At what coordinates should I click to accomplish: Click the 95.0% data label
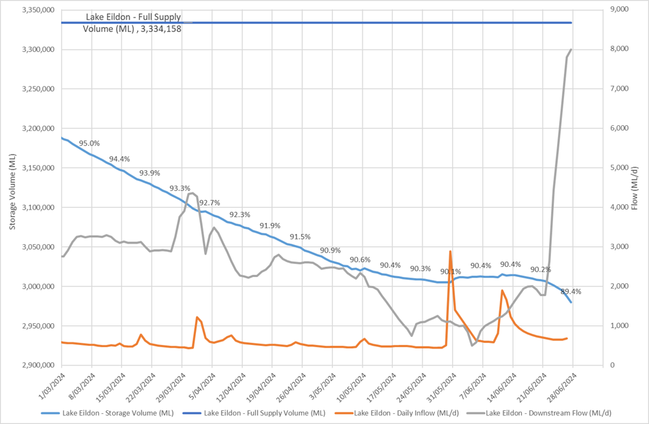click(x=89, y=144)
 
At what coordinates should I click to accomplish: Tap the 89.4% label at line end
click(x=571, y=291)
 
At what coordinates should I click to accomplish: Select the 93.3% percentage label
click(x=180, y=189)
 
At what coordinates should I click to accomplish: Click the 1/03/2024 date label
click(x=52, y=385)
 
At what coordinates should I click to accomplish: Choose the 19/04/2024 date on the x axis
click(x=262, y=385)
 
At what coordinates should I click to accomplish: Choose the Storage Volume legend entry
click(x=108, y=413)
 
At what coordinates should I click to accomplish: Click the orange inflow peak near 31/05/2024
click(x=450, y=252)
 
